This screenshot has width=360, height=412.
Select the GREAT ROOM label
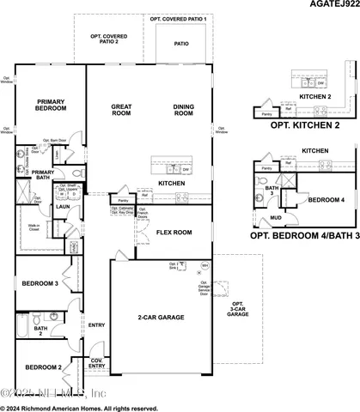tap(119, 111)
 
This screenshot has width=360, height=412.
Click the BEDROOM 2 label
tap(41, 367)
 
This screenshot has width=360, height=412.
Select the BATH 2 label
tap(40, 330)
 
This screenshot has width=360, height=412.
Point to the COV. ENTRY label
tap(97, 364)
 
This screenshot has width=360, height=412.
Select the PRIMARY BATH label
tap(43, 174)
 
